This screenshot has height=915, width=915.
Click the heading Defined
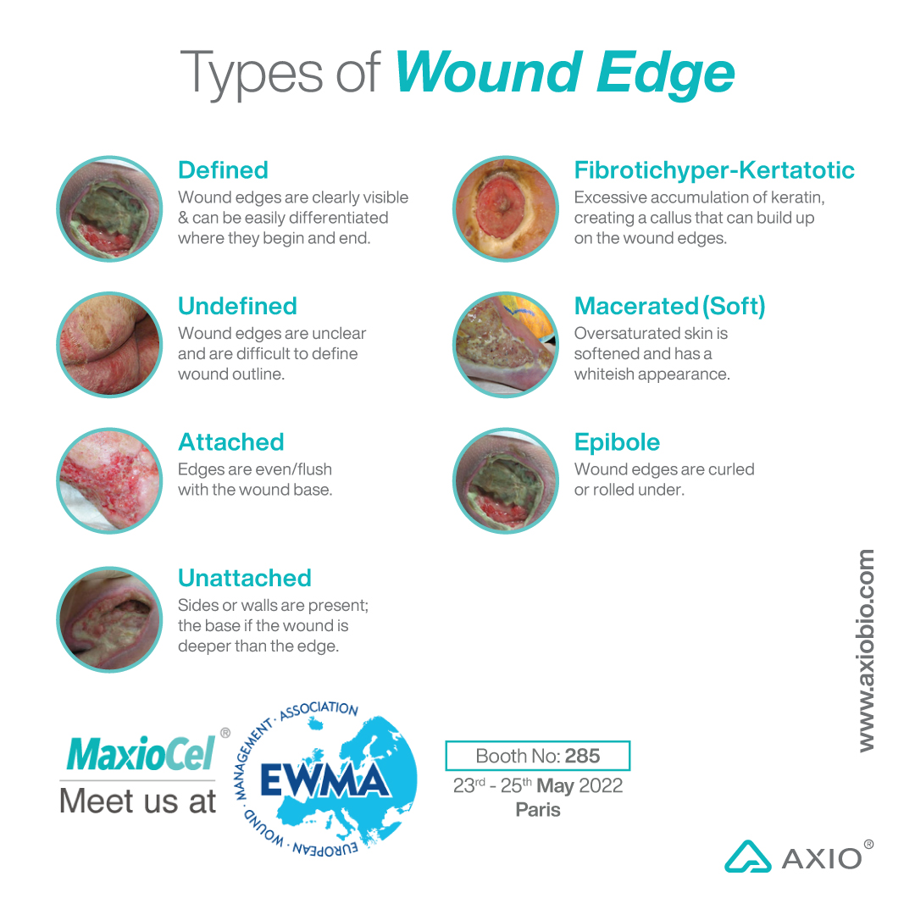pos(223,170)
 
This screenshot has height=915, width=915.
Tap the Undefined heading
pos(237,307)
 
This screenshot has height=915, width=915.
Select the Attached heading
pos(230,442)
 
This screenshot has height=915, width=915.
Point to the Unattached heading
pos(245,579)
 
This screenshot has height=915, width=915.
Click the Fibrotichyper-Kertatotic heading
pos(714,170)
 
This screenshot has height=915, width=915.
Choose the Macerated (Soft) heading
pos(669,307)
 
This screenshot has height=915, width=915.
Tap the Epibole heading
pos(617,442)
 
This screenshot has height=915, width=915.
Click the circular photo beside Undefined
pos(109,345)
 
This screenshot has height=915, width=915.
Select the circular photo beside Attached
pos(109,480)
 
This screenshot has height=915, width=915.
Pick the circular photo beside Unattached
pos(109,619)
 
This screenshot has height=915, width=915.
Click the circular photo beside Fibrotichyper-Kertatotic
pos(506,208)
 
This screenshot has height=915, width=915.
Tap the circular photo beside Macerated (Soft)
pos(506,345)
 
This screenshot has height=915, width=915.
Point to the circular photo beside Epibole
pos(506,480)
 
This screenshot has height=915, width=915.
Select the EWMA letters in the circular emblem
pos(324,780)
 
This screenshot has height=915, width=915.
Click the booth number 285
pos(582,756)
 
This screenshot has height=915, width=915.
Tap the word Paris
pos(538,810)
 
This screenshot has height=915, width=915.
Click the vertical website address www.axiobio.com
pos(865,651)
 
